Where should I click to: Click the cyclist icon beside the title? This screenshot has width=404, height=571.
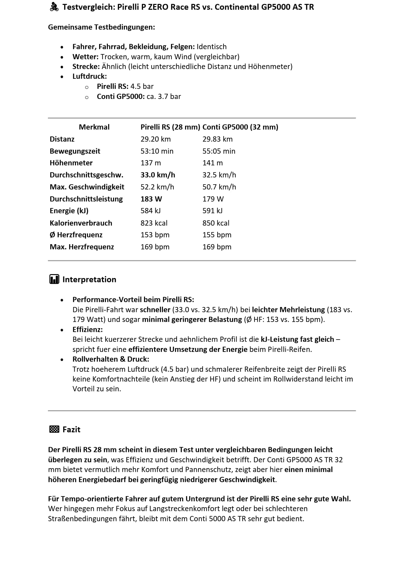coord(54,7)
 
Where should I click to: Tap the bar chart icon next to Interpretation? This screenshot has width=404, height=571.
coord(54,279)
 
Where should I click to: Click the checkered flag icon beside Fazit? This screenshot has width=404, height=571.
coord(54,429)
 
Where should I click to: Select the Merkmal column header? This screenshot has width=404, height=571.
coord(94,127)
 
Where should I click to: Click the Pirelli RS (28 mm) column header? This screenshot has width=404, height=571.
coord(170,127)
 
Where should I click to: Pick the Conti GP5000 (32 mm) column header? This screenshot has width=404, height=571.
coord(240,127)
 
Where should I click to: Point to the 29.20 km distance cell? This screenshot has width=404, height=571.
coord(155,139)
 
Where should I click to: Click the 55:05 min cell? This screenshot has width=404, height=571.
coord(219,151)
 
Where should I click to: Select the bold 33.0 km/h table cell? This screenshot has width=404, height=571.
coord(158,175)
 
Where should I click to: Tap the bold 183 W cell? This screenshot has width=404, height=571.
coord(151,199)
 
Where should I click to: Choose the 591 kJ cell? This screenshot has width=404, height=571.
coord(212,211)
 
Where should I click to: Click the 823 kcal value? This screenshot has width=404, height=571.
coord(154,223)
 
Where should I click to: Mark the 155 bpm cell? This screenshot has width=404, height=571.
coord(217,235)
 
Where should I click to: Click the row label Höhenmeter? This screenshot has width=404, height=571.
coord(71,163)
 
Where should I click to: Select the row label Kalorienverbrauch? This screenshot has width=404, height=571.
coord(81,223)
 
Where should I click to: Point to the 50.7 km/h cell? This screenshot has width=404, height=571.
coord(219,187)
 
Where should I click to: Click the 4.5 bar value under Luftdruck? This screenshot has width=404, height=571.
coord(142,86)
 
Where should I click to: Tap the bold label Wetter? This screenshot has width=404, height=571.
coord(85,57)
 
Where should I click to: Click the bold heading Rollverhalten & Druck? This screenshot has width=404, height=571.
coord(111,359)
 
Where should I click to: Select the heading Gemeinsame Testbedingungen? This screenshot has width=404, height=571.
coord(101,27)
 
